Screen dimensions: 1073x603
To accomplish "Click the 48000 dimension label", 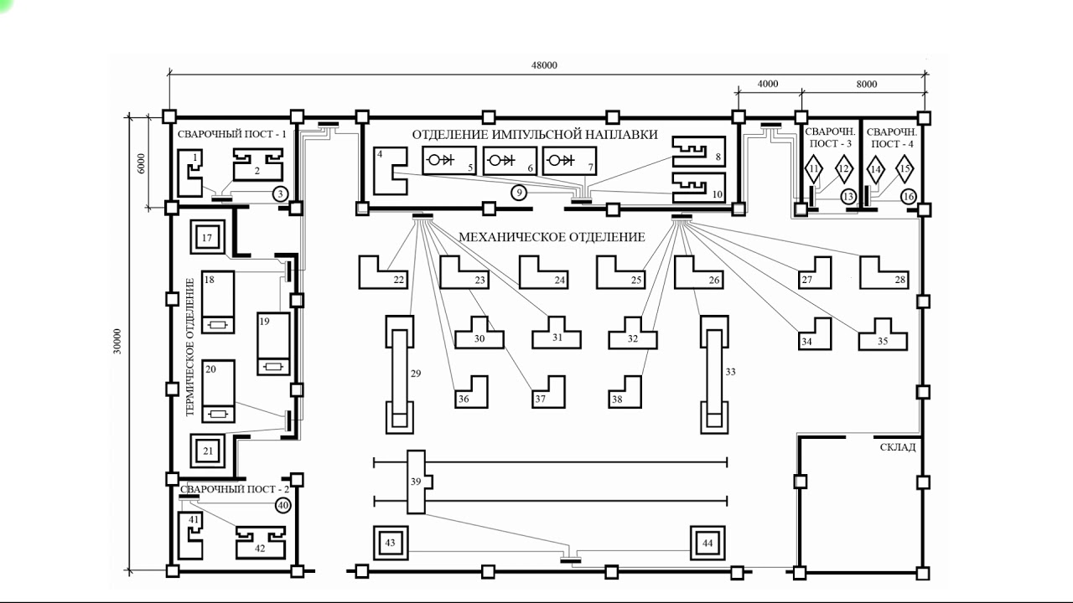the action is click(x=544, y=65).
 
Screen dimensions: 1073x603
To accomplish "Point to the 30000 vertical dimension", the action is click(x=117, y=341).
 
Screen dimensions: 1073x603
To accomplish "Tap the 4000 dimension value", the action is click(x=767, y=84).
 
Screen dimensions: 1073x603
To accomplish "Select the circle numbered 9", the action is click(x=519, y=193).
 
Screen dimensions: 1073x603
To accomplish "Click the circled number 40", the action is click(x=283, y=505).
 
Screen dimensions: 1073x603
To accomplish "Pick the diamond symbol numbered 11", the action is click(x=814, y=169).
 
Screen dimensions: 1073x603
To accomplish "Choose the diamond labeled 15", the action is click(x=905, y=169).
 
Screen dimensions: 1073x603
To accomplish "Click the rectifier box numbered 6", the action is click(x=510, y=161).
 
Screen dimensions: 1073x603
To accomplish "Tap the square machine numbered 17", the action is click(x=207, y=237).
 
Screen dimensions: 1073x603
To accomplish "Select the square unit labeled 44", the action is click(x=708, y=543).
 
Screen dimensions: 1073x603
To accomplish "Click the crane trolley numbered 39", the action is click(x=417, y=482).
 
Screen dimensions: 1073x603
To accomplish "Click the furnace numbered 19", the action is click(x=273, y=343).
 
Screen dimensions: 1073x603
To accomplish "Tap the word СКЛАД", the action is click(x=898, y=447).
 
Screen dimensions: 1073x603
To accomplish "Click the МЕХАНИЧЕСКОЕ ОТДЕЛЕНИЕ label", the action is click(x=552, y=237).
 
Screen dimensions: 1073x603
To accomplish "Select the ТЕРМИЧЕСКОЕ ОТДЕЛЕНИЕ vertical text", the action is click(x=190, y=347).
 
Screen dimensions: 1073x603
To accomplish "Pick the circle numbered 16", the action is click(x=908, y=196).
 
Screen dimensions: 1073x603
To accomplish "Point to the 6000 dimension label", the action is click(x=141, y=163).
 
